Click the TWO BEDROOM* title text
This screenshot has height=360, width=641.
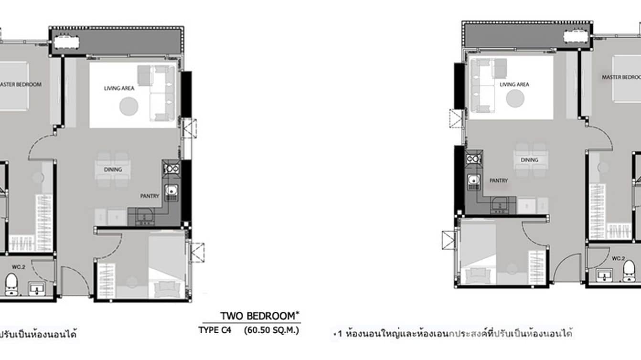click(x=260, y=316)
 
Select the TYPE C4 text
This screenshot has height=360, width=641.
click(x=214, y=330)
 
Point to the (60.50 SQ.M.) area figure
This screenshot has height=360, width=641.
click(x=271, y=330)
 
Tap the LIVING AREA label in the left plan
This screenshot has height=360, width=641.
click(x=119, y=88)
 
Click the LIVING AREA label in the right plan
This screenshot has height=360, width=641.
click(x=514, y=85)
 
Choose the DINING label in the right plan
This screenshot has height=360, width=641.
click(x=530, y=160)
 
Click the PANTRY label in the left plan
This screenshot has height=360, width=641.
click(x=149, y=196)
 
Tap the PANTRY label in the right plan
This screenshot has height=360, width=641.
click(x=499, y=180)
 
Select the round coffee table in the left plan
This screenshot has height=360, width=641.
click(x=129, y=106)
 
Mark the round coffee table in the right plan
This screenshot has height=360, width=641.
click(x=515, y=98)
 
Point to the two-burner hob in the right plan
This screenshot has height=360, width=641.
click(x=475, y=158)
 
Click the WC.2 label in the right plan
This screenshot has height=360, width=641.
click(x=618, y=258)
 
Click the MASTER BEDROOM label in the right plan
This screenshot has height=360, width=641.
click(x=621, y=77)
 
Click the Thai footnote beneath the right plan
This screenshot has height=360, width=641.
click(x=454, y=333)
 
